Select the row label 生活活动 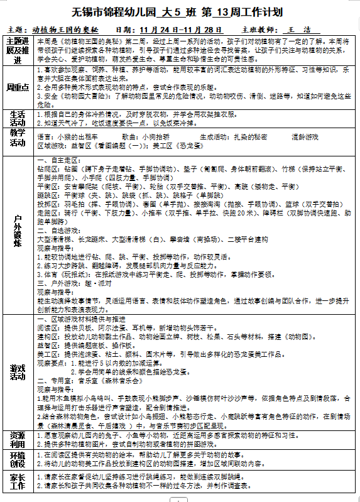18,119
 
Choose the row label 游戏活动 18,371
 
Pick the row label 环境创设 18,459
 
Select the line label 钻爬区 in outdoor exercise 48,169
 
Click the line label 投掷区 48,204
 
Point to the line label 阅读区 48,327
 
